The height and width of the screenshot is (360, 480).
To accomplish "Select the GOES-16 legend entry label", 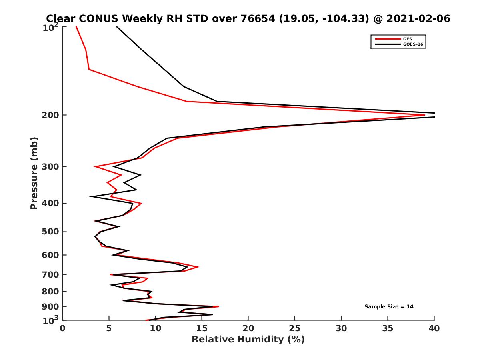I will click(x=412, y=44).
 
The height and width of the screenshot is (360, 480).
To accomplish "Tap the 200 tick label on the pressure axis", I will click(x=51, y=115).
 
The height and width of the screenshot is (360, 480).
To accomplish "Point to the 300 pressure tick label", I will click(x=51, y=166).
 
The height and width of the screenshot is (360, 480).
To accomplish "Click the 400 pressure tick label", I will click(x=51, y=203).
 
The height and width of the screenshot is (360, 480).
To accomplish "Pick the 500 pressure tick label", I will click(x=51, y=232).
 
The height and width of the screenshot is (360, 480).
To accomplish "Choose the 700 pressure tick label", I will click(x=51, y=274).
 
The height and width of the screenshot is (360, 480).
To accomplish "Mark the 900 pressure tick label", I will click(x=51, y=307).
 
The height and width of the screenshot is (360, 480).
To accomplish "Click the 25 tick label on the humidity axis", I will click(x=295, y=328).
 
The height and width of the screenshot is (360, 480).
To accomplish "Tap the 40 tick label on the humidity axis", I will click(x=434, y=328).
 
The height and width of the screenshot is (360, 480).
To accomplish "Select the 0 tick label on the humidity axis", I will click(x=63, y=328).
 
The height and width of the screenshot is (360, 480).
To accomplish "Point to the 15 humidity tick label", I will click(x=202, y=328).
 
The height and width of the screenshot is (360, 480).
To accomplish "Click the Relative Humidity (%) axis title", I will click(x=248, y=340).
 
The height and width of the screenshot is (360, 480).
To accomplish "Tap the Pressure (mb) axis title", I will click(x=34, y=173).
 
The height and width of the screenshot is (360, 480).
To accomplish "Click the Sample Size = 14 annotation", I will click(x=389, y=307).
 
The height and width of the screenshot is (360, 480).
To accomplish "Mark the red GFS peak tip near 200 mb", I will click(x=424, y=115).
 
